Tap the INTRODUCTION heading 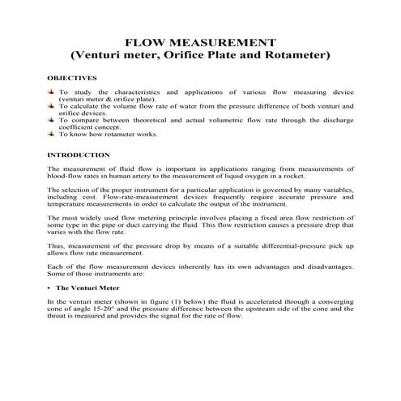pyautogui.click(x=79, y=154)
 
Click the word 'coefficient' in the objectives pyautogui.click(x=78, y=126)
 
